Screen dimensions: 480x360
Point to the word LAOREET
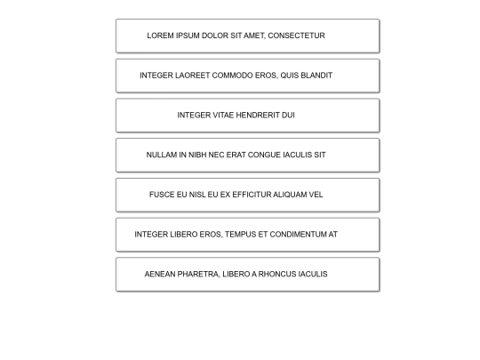pos(192,76)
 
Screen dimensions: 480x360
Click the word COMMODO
pos(232,76)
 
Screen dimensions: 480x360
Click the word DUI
pos(288,115)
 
